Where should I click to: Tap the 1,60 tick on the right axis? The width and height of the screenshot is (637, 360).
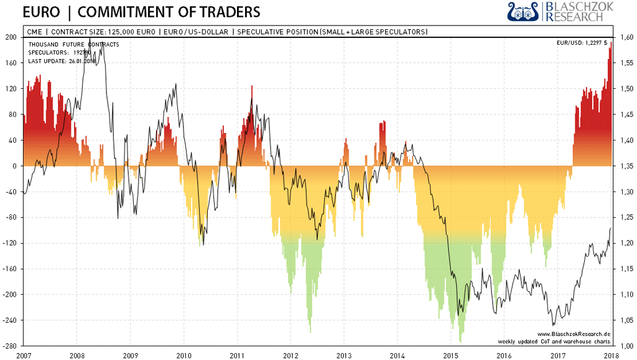tap(625, 38)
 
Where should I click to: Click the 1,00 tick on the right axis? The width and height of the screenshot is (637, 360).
tap(625, 346)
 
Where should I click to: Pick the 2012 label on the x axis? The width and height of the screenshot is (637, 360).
tap(291, 354)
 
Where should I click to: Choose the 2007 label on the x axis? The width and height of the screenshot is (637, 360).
tap(24, 354)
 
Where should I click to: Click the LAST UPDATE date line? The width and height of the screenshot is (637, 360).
tap(60, 60)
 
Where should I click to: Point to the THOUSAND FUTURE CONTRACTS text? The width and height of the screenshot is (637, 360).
tap(74, 44)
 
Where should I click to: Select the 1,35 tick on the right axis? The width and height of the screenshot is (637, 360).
tap(625, 166)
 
